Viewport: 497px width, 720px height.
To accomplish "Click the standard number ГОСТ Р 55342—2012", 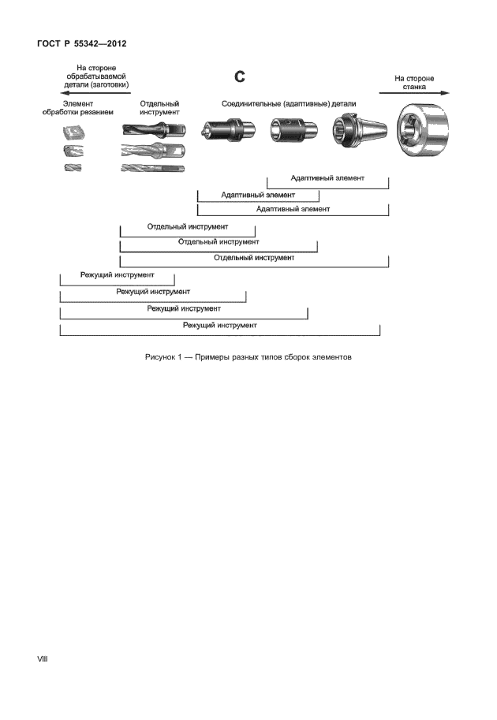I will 81,43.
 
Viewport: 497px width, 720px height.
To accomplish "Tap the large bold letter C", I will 241,76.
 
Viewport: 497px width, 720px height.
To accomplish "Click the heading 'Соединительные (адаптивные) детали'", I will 288,103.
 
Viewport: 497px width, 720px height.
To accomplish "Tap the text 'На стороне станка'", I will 414,83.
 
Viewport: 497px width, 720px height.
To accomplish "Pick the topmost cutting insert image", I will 73,131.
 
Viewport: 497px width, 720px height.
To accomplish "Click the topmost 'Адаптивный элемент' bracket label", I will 327,178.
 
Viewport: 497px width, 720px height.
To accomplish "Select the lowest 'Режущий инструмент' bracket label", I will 220,324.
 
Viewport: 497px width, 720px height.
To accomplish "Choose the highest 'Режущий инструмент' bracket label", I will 117,275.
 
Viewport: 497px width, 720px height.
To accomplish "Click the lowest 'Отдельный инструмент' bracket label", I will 254,258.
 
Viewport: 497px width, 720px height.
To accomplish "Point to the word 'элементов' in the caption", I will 324,357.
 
